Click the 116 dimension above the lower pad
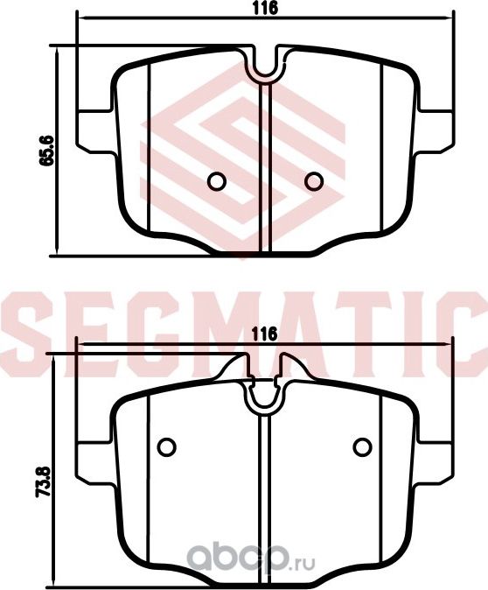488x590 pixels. coord(264,334)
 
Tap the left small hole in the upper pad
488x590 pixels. coord(217,180)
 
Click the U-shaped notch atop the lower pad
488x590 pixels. coord(263,397)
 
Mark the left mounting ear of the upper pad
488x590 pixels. coord(95,129)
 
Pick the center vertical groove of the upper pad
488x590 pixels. coord(265,166)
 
